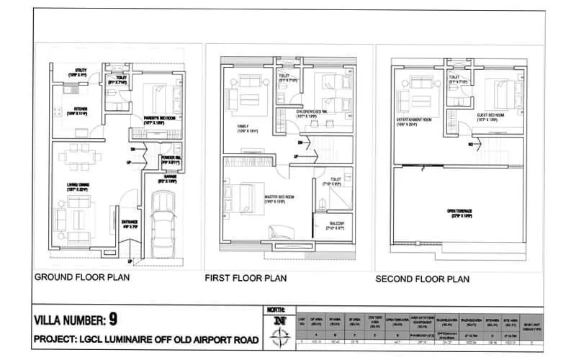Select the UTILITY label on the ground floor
76,72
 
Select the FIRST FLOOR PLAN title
246,277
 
